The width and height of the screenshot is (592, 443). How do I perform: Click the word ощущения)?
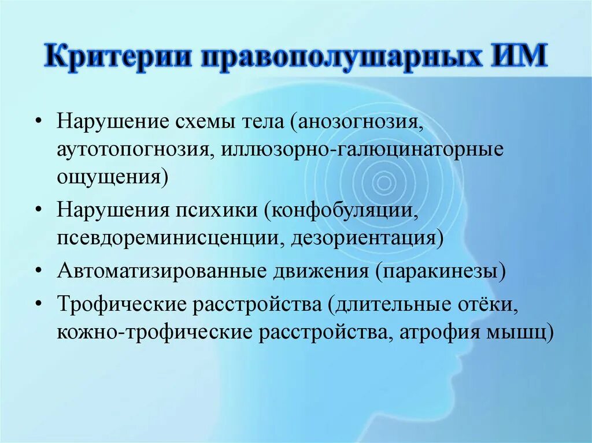(x=113, y=177)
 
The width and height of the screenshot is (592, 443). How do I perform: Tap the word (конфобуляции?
(x=342, y=210)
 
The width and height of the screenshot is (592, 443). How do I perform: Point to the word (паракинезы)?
(x=441, y=270)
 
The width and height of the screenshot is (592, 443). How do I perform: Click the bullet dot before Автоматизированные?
(x=38, y=270)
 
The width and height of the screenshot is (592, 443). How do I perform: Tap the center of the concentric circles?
(x=382, y=184)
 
